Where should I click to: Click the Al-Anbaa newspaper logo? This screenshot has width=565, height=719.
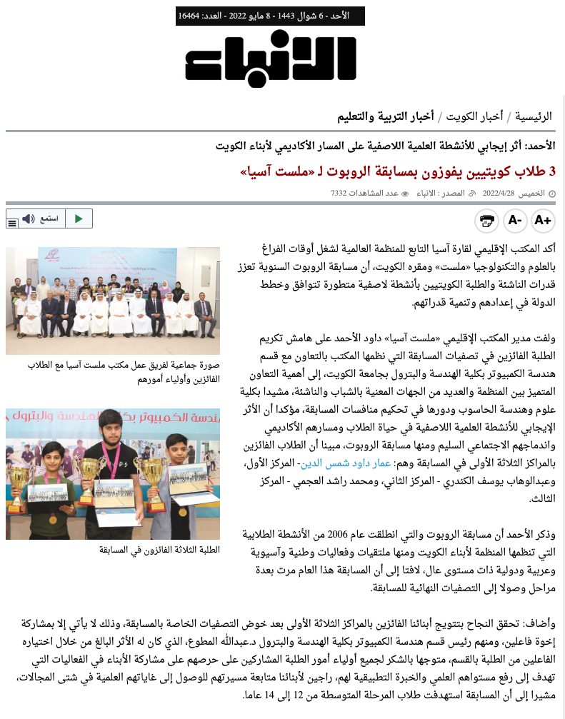270,59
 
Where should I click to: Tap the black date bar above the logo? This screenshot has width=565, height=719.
270,16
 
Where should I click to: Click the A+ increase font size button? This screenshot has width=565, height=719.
543,221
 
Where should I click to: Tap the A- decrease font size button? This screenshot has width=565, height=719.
515,221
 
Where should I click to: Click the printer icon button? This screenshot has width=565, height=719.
486,221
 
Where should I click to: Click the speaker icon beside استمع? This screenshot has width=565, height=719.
29,218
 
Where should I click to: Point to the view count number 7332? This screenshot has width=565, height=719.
339,193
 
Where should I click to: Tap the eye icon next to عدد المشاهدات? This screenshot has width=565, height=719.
405,193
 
